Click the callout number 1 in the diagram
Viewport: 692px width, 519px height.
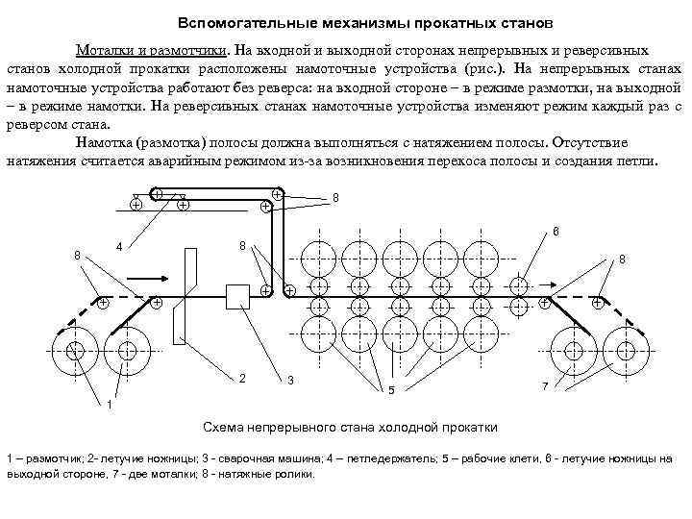point(109,404)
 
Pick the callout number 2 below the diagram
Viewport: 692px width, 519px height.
point(242,378)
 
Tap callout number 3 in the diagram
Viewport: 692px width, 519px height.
point(290,382)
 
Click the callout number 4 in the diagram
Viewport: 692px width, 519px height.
point(118,245)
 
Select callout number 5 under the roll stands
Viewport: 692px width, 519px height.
point(389,390)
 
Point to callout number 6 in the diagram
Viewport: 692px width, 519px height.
point(556,231)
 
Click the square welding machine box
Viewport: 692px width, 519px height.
point(236,296)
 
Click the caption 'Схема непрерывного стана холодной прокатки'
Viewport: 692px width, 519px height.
point(350,426)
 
